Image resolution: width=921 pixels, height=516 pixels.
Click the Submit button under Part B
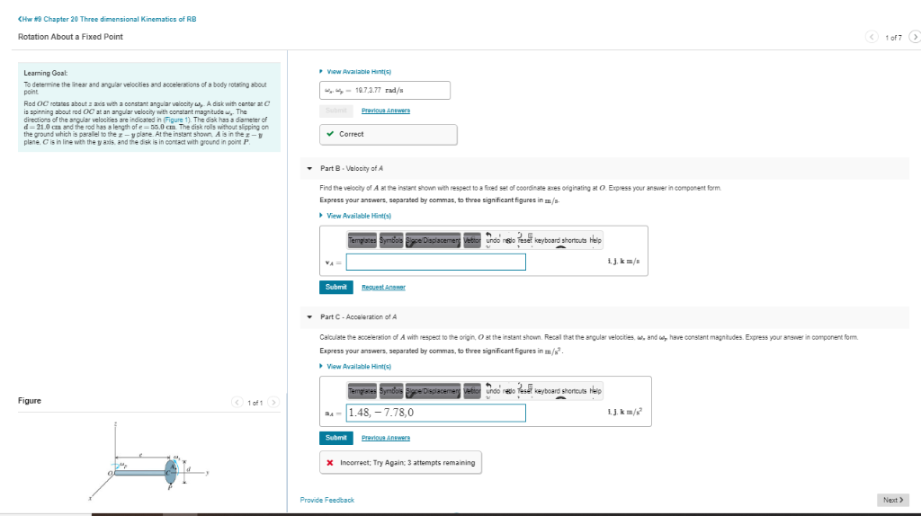335,287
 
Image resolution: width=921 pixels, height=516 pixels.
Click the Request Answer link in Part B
383,287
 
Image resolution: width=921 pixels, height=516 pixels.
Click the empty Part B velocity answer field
436,262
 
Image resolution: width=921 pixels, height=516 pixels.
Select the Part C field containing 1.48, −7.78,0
436,413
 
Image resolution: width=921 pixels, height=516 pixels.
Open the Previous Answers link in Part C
386,438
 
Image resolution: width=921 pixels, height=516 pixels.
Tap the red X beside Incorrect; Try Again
331,462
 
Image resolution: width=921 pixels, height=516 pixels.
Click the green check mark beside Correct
330,134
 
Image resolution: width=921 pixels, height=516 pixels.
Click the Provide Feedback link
326,500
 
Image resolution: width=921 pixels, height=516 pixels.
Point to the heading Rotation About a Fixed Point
70,36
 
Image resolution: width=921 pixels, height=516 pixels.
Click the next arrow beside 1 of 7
914,37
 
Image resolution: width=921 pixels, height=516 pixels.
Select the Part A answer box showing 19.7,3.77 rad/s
384,91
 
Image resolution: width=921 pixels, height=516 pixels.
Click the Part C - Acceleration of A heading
359,316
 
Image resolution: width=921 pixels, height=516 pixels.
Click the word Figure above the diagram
30,400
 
